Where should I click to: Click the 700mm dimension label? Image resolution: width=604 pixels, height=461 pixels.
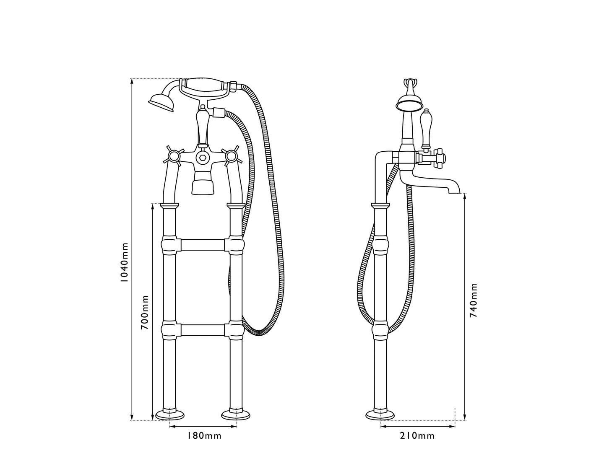pos(145,312)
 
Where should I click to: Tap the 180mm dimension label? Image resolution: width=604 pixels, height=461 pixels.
pos(204,436)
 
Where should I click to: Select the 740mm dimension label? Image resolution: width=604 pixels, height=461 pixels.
pos(473,300)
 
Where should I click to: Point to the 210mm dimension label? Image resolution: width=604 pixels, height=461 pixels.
pos(417,436)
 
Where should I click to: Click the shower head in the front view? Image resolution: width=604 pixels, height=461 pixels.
pos(161,103)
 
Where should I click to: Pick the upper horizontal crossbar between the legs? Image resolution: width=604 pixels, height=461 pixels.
pos(203,245)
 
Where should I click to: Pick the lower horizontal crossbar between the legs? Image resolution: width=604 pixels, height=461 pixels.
pos(203,330)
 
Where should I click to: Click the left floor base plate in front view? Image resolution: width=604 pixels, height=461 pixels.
pos(169,415)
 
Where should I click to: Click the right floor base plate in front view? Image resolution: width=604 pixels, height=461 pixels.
pos(236,415)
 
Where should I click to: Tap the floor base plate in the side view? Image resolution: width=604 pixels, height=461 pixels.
pos(380,415)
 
